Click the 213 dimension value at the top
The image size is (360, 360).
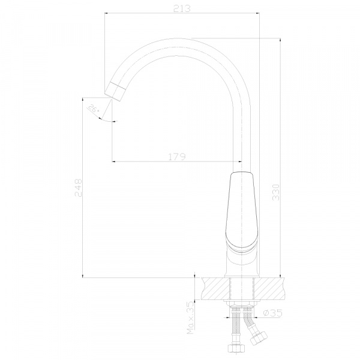click(x=182, y=8)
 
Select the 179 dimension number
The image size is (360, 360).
click(x=177, y=157)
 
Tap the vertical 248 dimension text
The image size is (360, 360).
click(x=78, y=188)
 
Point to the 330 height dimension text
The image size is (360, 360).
click(x=276, y=192)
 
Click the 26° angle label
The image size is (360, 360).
click(x=94, y=109)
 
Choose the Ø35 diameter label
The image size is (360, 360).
click(x=272, y=313)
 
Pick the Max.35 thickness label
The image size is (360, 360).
click(x=190, y=317)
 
